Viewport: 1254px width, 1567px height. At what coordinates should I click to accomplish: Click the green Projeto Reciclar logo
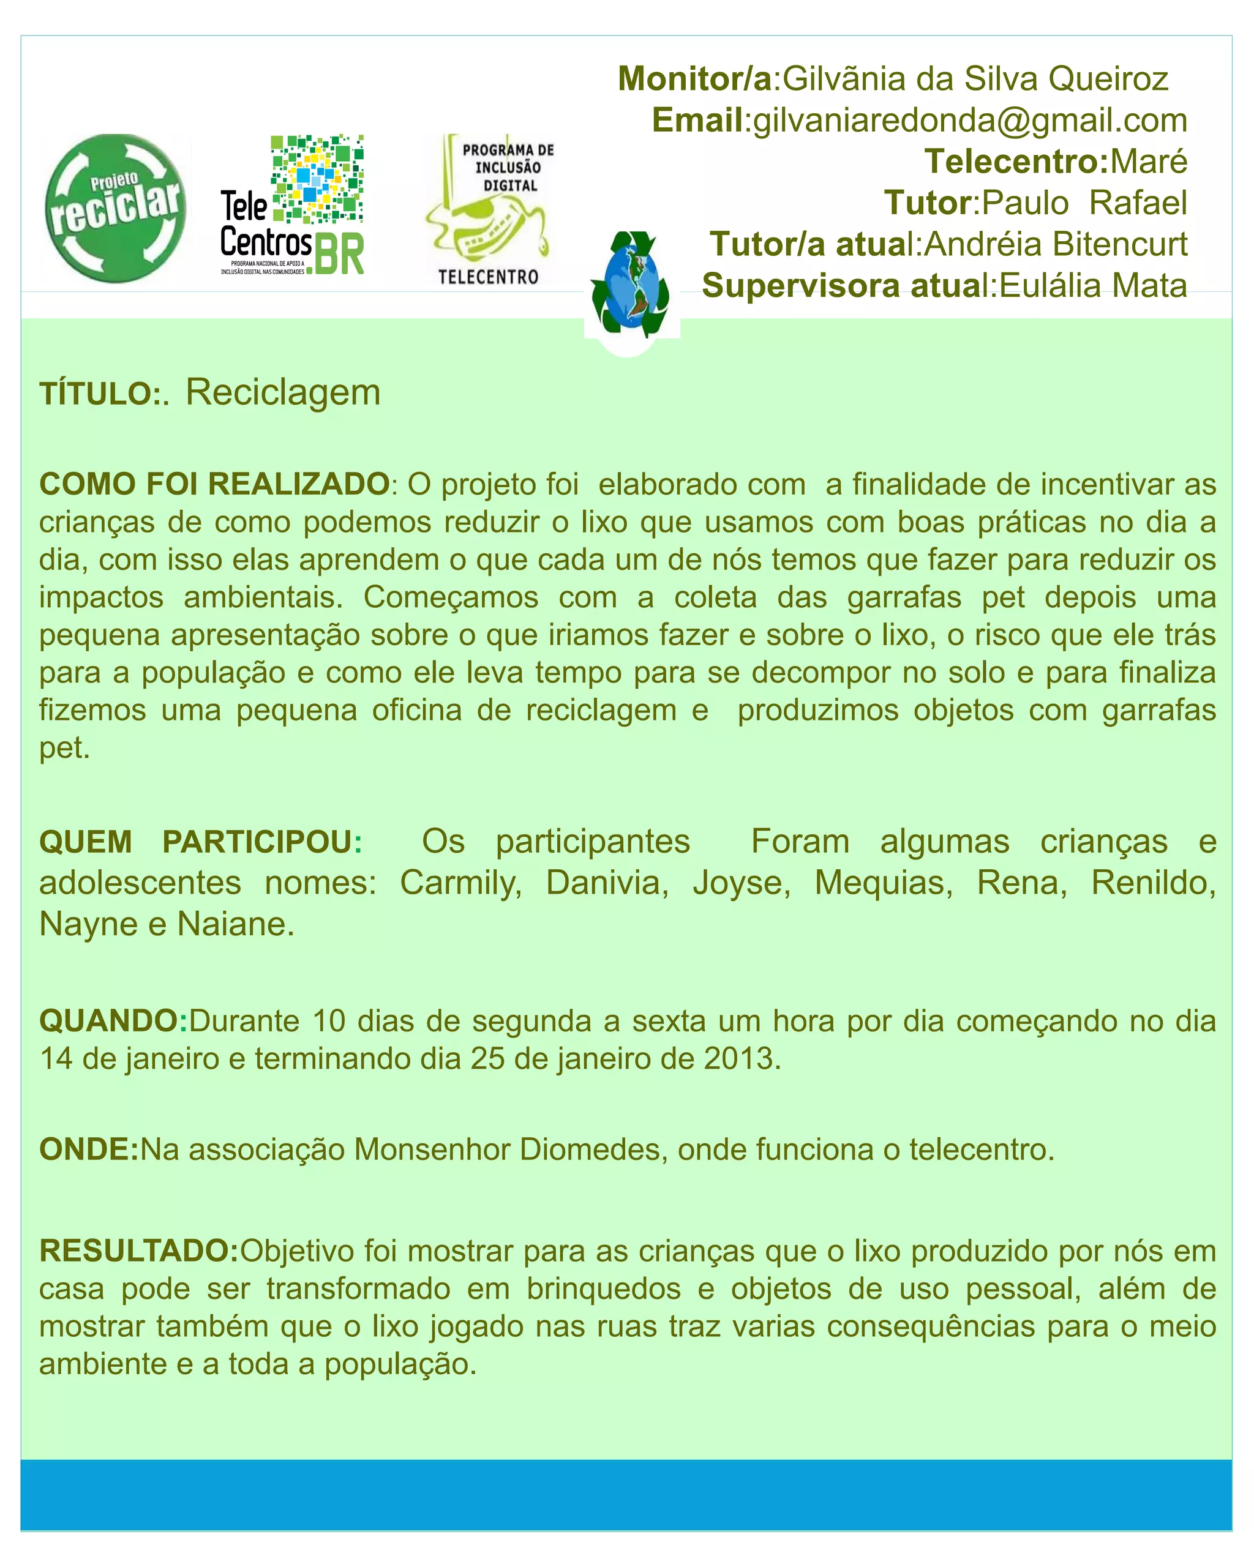[115, 208]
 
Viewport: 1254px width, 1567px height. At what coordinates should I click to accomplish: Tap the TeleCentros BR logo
[292, 205]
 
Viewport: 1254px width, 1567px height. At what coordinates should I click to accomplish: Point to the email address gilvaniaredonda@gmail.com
[970, 121]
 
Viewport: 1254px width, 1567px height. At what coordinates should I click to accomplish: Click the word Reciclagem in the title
[283, 393]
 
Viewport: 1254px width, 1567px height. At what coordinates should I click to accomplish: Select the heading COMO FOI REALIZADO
[214, 484]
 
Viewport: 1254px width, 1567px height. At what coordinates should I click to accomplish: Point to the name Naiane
[236, 924]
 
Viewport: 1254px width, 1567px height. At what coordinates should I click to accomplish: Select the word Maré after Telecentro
[1149, 162]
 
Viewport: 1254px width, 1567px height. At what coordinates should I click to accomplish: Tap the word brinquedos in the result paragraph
[603, 1288]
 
